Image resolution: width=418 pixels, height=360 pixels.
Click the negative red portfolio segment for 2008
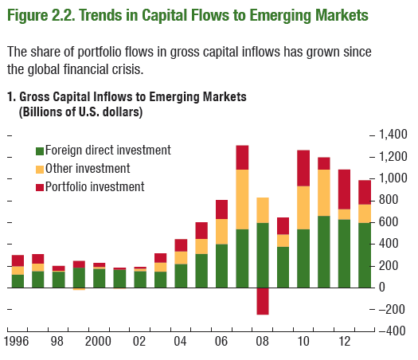tap(263, 301)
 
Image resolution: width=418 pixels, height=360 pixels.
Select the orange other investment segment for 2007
tap(242, 199)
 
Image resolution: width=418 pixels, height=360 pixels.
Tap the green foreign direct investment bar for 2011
tap(324, 252)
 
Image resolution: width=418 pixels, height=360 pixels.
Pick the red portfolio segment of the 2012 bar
tap(344, 190)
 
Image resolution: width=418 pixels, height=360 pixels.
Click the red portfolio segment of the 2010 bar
tap(303, 168)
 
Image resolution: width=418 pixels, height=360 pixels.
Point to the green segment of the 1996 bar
tap(18, 281)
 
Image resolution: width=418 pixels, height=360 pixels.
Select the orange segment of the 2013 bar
tap(365, 213)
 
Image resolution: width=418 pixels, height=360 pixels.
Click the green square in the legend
tap(40, 151)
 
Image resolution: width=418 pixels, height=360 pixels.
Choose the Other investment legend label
tap(88, 169)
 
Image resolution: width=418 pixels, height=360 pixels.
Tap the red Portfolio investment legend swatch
tap(40, 187)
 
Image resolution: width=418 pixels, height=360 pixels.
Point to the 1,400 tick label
tap(393, 135)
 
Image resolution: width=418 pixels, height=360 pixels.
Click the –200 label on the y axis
tap(392, 309)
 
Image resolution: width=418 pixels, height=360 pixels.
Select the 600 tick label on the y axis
tap(389, 222)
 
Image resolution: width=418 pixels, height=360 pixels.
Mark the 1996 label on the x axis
tap(17, 342)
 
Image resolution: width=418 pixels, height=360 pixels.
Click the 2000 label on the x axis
tap(98, 342)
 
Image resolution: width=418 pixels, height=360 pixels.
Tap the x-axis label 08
tap(262, 342)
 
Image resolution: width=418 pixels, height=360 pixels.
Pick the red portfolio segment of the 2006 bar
tap(222, 209)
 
